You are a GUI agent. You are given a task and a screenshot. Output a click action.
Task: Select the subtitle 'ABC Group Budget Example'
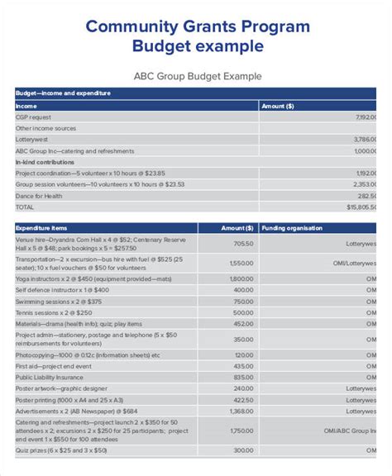(198, 76)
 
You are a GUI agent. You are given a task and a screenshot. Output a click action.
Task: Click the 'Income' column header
(26, 106)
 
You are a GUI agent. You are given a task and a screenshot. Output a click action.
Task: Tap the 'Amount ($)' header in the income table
(277, 106)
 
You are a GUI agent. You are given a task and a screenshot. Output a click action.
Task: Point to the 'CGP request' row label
(34, 117)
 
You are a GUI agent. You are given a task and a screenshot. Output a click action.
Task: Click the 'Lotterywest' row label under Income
(33, 140)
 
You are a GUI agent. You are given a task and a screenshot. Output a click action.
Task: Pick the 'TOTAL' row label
(26, 207)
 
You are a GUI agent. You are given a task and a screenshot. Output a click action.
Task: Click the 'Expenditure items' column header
(41, 227)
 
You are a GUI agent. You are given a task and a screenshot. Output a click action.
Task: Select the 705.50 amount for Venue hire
(243, 244)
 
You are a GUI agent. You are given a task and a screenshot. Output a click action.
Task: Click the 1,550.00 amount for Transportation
(241, 262)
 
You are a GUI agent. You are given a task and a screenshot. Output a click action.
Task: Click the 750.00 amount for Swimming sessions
(243, 302)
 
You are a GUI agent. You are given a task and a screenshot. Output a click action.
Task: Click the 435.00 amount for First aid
(243, 365)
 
